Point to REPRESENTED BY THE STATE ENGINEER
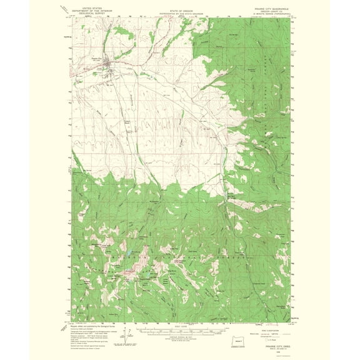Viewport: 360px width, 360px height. [180, 10]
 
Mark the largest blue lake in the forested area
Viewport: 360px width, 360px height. [127, 256]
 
